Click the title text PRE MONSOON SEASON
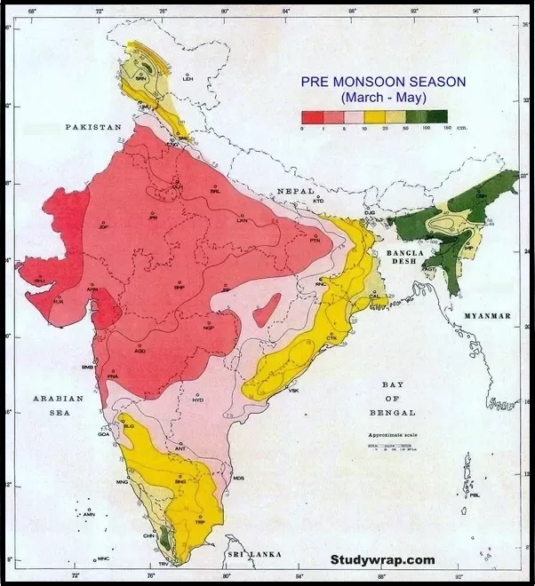383,81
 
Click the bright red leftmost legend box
311,116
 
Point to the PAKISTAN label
93,128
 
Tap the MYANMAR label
487,316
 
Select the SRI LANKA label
253,554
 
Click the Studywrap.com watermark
383,559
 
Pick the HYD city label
197,400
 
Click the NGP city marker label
209,328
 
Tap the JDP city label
103,227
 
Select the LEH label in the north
187,79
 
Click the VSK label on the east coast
293,391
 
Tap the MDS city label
238,479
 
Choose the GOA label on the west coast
103,434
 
